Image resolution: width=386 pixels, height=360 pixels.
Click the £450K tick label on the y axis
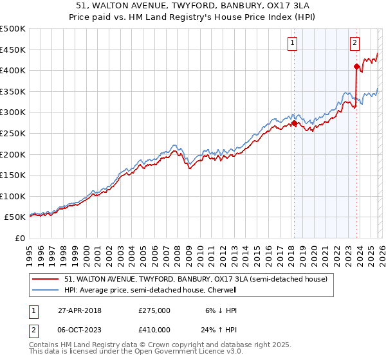pyautogui.click(x=13, y=50)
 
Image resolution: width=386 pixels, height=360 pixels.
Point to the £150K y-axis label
pyautogui.click(x=13, y=175)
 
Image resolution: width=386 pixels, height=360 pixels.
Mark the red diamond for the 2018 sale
pyautogui.click(x=294, y=123)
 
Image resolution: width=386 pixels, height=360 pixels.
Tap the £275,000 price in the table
pyautogui.click(x=154, y=310)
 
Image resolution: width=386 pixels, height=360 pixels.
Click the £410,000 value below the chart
pyautogui.click(x=154, y=329)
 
